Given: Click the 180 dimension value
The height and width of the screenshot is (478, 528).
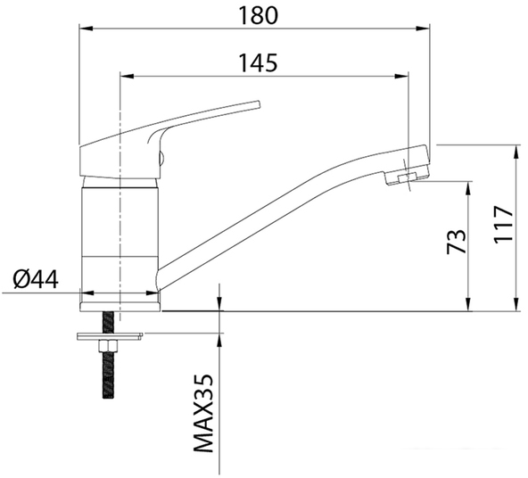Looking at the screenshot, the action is tap(258, 15).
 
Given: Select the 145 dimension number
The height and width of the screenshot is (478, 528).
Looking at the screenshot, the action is tap(258, 62).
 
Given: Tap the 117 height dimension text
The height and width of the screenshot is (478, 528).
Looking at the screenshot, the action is tap(503, 223).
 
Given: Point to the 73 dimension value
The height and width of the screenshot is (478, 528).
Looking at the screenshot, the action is tap(457, 242).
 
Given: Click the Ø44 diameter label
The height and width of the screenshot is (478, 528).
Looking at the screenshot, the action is tap(36, 279).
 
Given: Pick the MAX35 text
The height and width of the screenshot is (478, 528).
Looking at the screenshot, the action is tap(203, 414).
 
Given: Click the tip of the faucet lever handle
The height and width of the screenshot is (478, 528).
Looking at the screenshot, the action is tap(259, 103).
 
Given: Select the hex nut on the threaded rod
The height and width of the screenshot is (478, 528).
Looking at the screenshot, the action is tap(108, 346).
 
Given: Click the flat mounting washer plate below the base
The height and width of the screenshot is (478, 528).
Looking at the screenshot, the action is tap(110, 336).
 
